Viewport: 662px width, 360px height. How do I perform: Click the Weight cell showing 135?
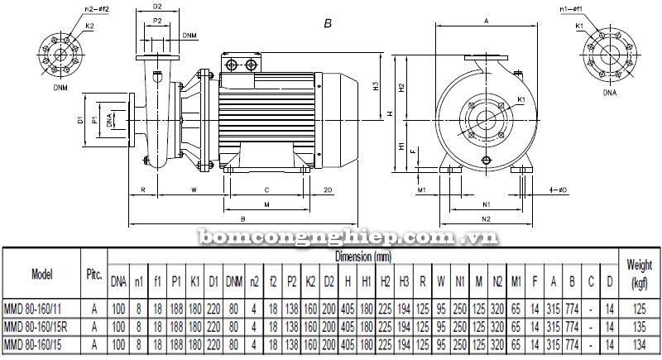[x=640, y=325]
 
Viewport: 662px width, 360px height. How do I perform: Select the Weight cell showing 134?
[x=640, y=342]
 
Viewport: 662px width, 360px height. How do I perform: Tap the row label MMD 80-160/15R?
[x=41, y=325]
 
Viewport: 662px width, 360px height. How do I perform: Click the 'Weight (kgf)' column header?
[x=640, y=273]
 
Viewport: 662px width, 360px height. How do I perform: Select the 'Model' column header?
[x=41, y=273]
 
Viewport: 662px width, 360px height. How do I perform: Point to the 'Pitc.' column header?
[x=94, y=273]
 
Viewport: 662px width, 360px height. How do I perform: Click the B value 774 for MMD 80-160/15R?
[x=570, y=325]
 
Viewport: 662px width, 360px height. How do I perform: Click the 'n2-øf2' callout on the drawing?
[x=74, y=9]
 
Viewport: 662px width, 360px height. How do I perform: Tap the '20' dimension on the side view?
[x=329, y=190]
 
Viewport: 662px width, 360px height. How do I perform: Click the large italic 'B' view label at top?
[x=328, y=25]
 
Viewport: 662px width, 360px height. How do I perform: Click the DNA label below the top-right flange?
[x=610, y=94]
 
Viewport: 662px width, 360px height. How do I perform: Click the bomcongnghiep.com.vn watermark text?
[x=348, y=238]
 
